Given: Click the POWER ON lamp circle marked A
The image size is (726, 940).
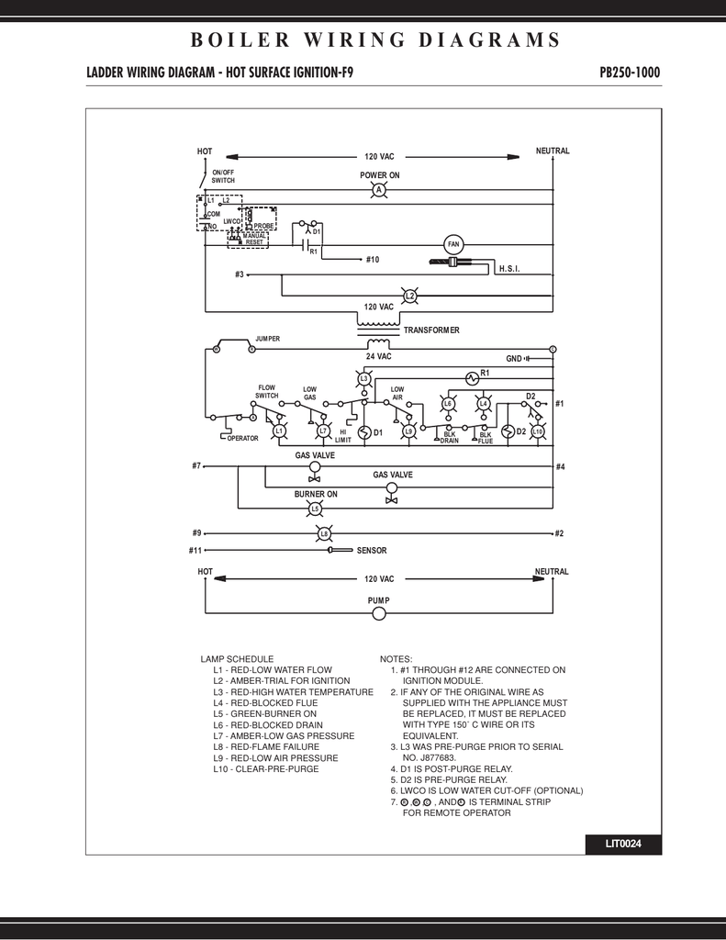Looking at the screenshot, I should coord(377,190).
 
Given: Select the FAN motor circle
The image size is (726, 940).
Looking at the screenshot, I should coord(452,243).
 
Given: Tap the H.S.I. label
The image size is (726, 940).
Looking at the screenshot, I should coord(509,267).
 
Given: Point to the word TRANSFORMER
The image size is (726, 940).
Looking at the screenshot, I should coord(431,330).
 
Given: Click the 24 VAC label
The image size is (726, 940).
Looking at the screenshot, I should coord(378,356).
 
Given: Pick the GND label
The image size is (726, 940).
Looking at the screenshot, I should coord(514,358).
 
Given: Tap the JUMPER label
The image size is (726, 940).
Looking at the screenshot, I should coord(267,340).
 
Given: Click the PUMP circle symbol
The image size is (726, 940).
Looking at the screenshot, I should coord(378,614).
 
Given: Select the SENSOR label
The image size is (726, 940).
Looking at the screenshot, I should coord(372,551).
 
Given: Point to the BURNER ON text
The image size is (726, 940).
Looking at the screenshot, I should coord(315,494).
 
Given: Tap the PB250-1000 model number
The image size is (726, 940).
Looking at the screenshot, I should coord(629,73).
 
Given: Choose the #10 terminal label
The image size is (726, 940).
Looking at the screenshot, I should coord(372,260).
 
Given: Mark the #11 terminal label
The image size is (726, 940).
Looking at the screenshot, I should coord(195,551).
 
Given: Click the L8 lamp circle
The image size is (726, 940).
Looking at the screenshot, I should coord(323,533).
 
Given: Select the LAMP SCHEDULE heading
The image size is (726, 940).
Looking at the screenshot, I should coord(237,659).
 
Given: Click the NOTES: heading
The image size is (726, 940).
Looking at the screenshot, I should coord(396,659).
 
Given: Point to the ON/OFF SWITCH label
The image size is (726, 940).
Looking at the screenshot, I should coord(223,176).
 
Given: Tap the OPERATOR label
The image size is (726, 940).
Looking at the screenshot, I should coord(243,439).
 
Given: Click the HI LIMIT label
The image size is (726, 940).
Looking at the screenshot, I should coord(343,436).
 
